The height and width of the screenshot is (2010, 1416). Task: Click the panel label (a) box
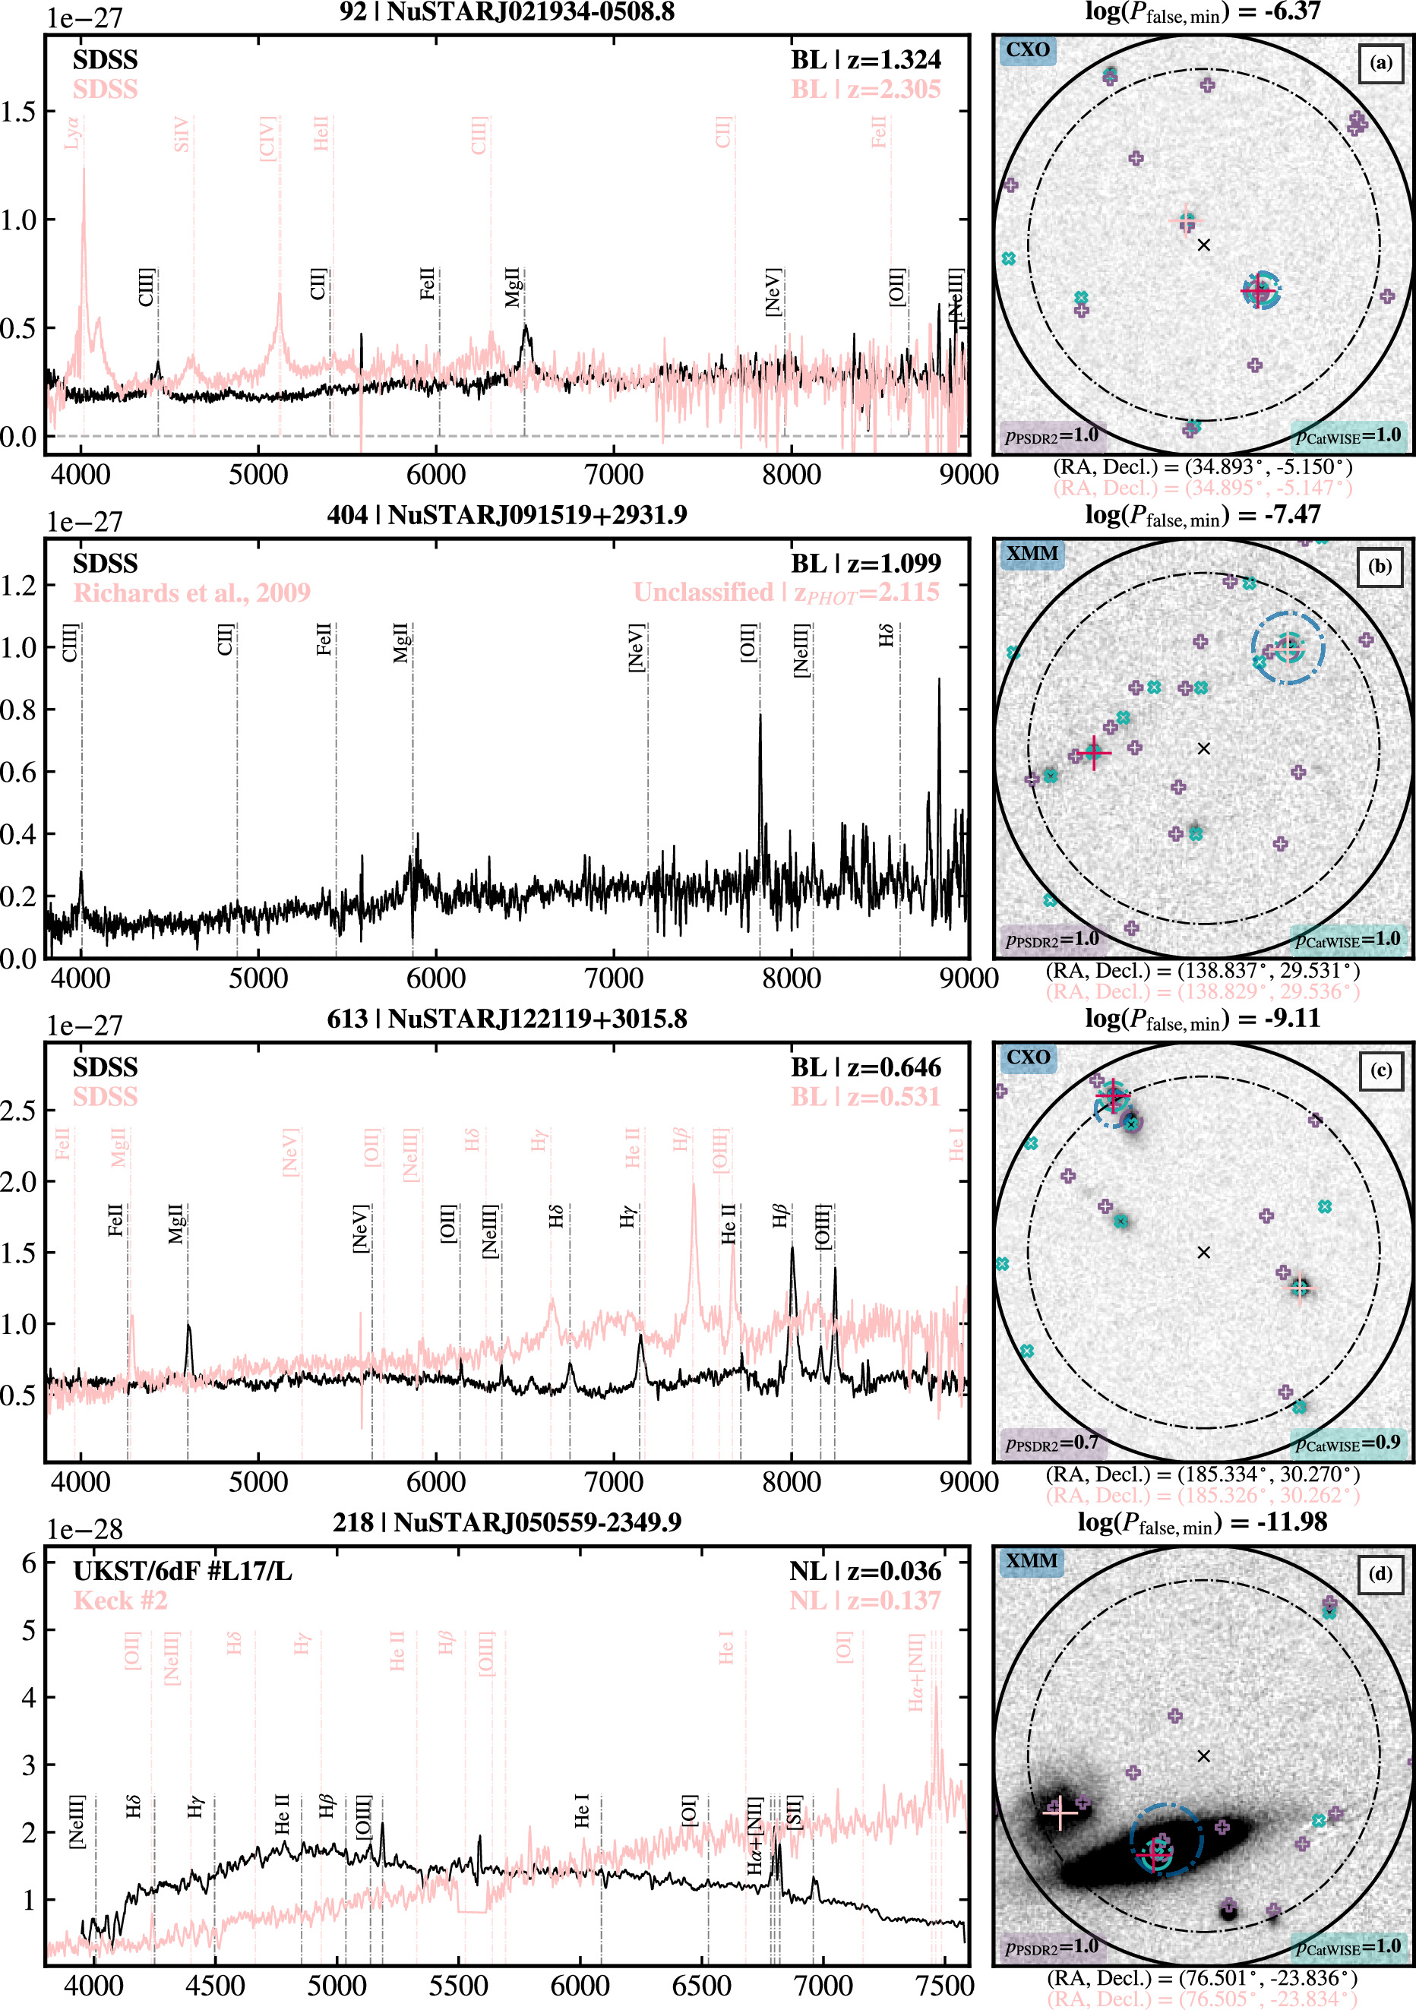pos(1380,63)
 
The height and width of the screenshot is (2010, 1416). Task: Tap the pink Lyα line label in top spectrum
pos(72,133)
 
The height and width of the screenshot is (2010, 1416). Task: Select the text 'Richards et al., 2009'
pos(191,593)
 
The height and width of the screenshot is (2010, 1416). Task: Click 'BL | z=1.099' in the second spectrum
pos(865,563)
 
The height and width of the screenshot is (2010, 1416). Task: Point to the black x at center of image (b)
pos(1203,748)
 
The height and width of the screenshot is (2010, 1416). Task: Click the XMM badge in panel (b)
pos(1032,553)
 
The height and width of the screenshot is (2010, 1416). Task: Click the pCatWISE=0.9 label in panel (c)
pos(1348,1442)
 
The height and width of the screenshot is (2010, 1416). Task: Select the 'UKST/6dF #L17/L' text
pos(182,1572)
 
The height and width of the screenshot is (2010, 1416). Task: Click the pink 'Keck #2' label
pos(120,1601)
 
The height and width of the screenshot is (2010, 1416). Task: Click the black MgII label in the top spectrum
pos(512,287)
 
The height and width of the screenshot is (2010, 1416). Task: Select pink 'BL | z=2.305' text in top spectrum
pos(865,90)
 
